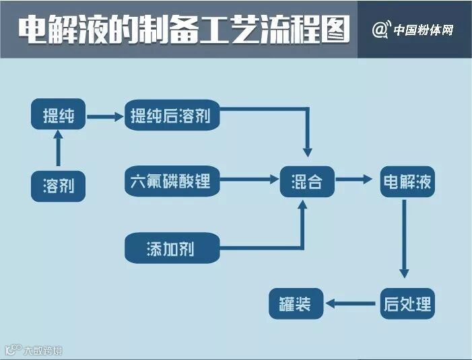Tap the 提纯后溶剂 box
(x=171, y=116)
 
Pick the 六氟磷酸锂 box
(x=171, y=181)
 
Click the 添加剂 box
(x=171, y=248)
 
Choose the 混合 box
(x=306, y=181)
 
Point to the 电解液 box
(x=407, y=181)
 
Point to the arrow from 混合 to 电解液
(x=355, y=180)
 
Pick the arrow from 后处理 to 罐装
(x=351, y=303)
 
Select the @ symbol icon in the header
(x=380, y=30)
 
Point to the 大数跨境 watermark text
(x=43, y=350)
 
